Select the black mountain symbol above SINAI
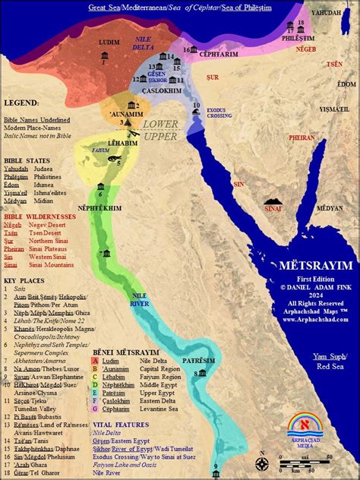[x=270, y=204]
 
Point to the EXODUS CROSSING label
[x=219, y=111]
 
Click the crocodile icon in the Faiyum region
[x=113, y=160]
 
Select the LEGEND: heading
[x=21, y=102]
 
